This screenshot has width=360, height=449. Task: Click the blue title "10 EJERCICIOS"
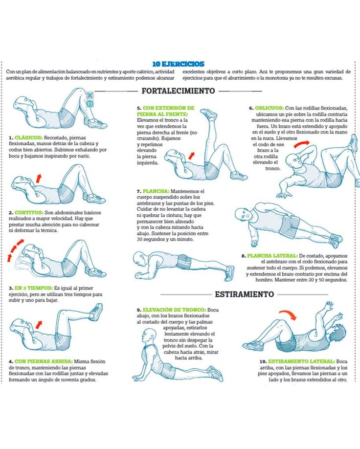178,64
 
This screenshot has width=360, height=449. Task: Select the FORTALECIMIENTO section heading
178,91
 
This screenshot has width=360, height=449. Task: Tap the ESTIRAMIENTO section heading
244,294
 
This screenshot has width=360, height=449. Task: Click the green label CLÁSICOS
28,138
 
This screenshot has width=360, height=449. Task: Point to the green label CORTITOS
29,212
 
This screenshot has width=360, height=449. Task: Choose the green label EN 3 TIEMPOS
34,288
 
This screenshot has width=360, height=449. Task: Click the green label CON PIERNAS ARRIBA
44,361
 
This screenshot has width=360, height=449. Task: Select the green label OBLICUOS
269,108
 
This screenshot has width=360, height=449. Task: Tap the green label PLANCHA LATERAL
272,256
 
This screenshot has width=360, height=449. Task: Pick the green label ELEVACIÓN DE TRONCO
174,310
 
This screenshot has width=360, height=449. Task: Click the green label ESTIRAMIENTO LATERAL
302,361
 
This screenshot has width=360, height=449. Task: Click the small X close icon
90,95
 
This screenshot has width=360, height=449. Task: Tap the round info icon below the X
90,103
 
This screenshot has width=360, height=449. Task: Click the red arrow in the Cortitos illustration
38,179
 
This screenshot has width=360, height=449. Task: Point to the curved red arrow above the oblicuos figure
302,144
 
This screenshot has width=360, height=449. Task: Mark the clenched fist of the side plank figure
254,244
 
